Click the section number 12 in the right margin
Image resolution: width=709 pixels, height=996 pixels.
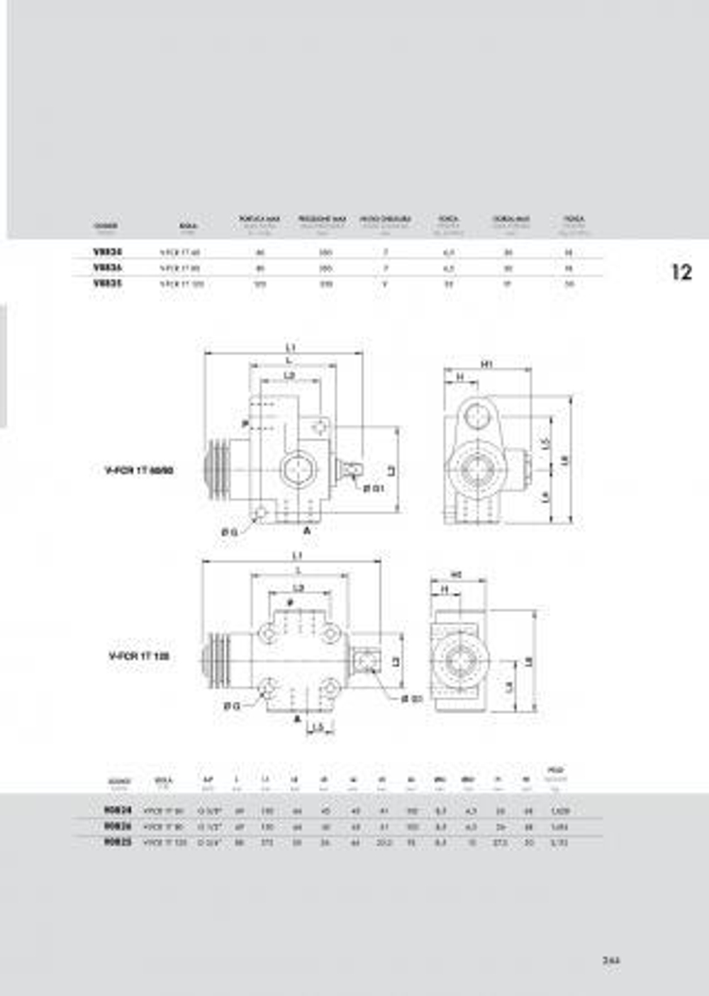pos(681,272)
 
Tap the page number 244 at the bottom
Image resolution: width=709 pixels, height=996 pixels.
pos(610,961)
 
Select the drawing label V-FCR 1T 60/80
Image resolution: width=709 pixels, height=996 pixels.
pos(140,470)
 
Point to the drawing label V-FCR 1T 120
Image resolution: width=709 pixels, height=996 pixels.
pos(139,657)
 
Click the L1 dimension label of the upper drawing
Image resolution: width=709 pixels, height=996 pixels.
pos(291,347)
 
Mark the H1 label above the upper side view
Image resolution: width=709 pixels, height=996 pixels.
pos(487,364)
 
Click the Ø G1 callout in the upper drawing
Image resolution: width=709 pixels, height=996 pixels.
pos(373,489)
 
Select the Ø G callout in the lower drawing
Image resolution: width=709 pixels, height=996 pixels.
pos(230,706)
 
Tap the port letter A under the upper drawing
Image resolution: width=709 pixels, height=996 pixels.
pos(307,530)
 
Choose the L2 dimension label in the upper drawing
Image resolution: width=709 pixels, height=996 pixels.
pos(289,375)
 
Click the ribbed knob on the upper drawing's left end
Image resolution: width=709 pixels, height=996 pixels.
pos(217,470)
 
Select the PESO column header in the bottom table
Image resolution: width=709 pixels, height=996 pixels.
pos(555,771)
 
